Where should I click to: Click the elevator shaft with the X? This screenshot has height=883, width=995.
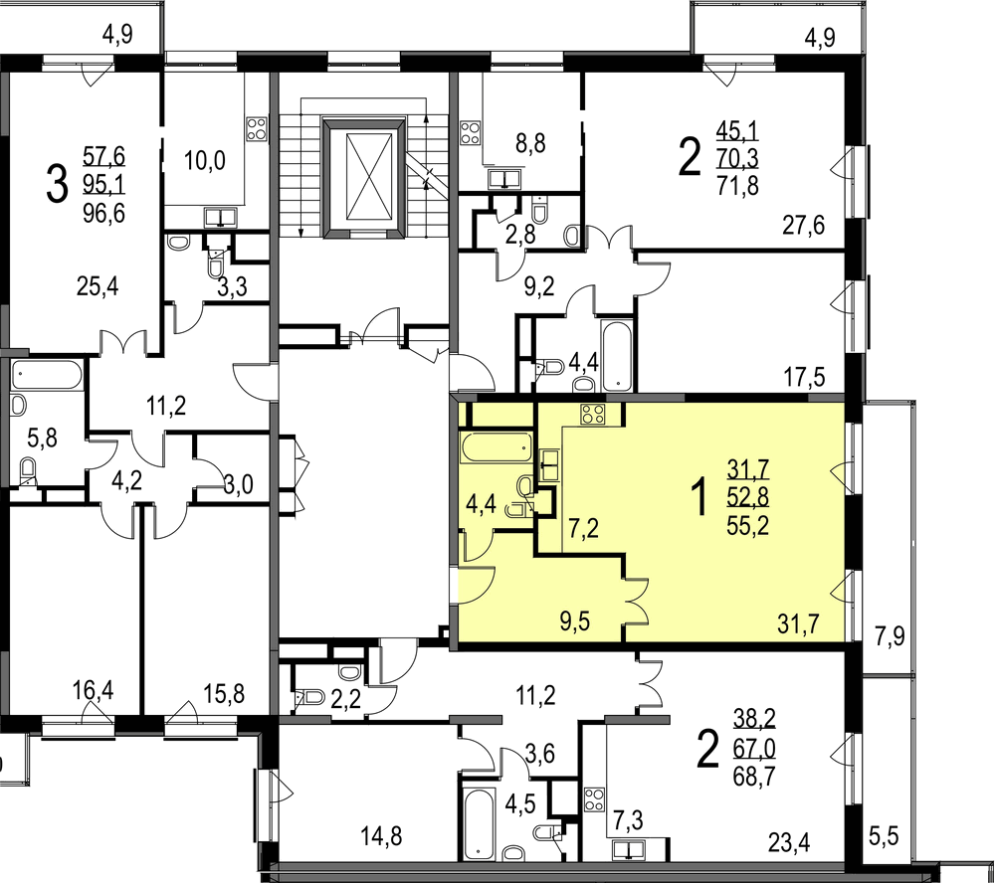(x=363, y=178)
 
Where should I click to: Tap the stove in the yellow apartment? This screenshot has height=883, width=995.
(x=592, y=415)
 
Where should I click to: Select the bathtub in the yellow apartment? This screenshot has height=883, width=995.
(x=497, y=447)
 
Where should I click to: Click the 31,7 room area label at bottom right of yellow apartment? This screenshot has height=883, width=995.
(x=798, y=624)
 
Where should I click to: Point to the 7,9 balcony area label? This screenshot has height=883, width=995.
(x=890, y=635)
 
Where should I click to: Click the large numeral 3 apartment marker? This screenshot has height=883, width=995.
(x=57, y=184)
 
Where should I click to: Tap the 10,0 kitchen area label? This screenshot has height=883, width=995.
(x=204, y=160)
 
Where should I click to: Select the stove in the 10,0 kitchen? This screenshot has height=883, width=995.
(x=257, y=130)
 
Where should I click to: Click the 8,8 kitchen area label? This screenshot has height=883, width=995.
(x=530, y=143)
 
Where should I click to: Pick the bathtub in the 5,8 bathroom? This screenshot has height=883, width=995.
(x=47, y=376)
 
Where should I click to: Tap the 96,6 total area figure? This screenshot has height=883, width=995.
(x=104, y=214)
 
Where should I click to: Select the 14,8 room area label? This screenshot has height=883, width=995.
(x=381, y=836)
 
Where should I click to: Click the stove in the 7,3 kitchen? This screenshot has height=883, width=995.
(x=595, y=799)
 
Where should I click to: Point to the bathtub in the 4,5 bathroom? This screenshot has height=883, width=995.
(x=480, y=822)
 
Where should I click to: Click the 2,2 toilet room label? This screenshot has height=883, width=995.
(x=346, y=699)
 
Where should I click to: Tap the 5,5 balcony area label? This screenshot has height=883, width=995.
(x=884, y=836)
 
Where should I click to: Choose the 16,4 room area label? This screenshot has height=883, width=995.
(x=93, y=689)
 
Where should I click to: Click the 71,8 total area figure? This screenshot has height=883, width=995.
(x=737, y=186)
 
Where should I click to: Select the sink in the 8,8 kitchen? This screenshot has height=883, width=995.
(x=504, y=180)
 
